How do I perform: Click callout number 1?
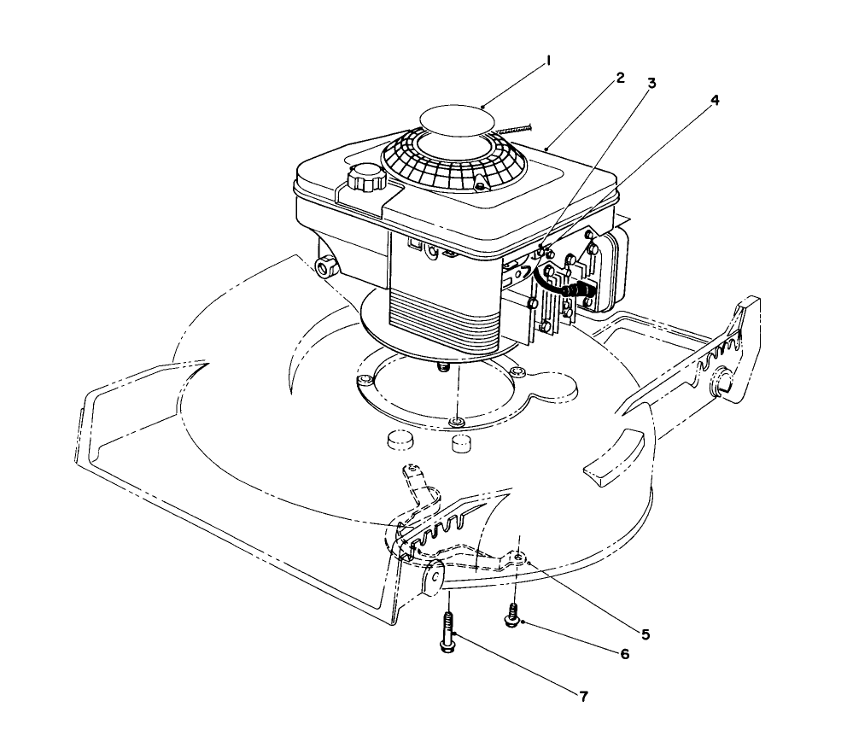[549, 61]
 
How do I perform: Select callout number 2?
[621, 78]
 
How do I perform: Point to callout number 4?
[715, 100]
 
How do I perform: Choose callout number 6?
[624, 654]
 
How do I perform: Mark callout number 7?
[582, 696]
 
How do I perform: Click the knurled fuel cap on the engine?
[367, 179]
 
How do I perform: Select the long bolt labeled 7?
[448, 632]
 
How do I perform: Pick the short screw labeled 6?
[513, 616]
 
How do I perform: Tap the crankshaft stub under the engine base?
[443, 365]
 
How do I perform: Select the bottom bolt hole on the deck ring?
[458, 421]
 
